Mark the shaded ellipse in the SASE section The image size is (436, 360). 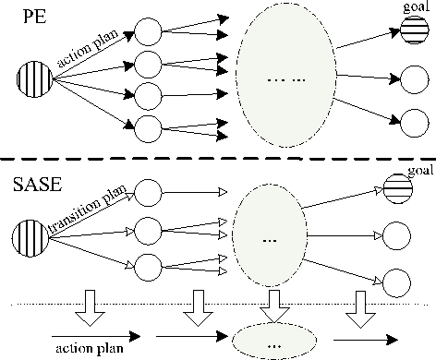click(269, 238)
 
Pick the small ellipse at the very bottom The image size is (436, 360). click(270, 342)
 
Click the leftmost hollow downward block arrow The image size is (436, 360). click(91, 306)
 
